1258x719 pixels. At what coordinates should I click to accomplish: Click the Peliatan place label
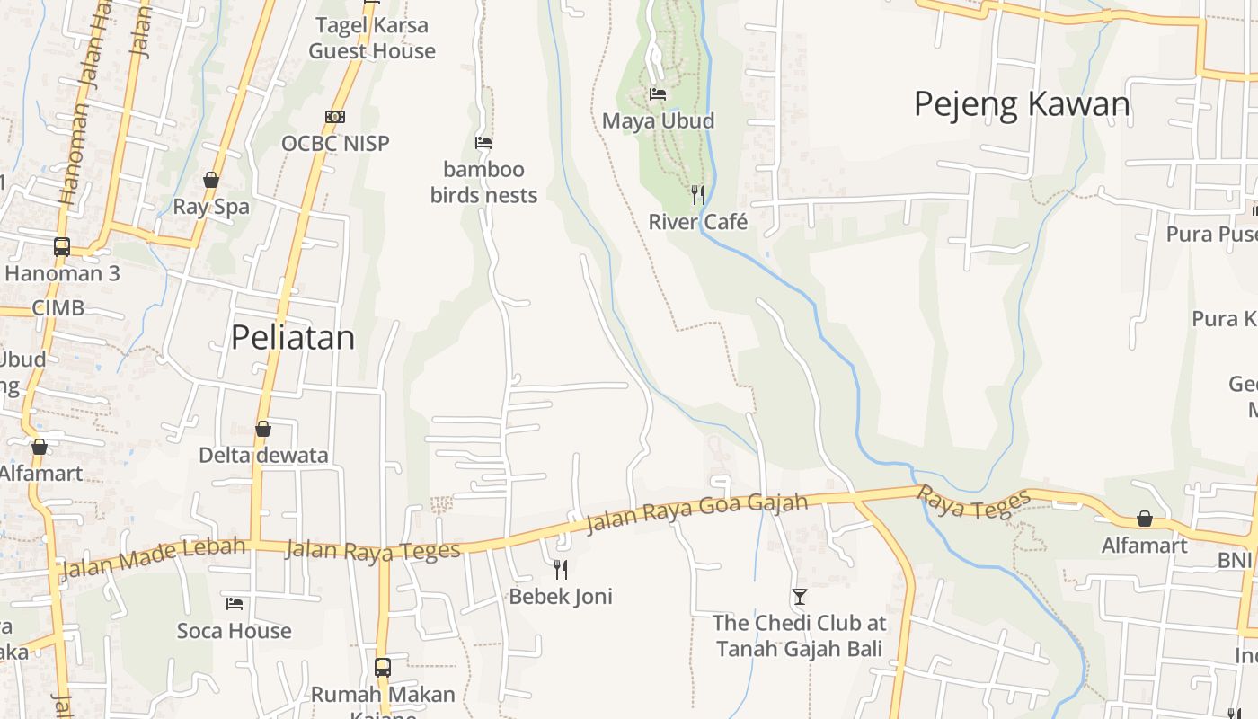point(293,338)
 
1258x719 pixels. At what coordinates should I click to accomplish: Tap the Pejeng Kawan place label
point(1022,104)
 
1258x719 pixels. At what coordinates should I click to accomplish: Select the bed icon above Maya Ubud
point(658,93)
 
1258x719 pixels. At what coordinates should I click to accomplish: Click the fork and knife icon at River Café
point(697,194)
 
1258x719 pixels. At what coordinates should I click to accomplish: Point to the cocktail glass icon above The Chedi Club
point(799,596)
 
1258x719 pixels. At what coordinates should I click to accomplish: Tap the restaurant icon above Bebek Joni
point(561,569)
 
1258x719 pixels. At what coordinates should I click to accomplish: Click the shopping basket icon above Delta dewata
point(263,429)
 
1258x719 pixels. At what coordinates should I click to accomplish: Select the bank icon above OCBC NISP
point(335,117)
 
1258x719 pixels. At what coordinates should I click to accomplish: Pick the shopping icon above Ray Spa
point(211,180)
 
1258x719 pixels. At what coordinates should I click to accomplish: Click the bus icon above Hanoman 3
point(62,246)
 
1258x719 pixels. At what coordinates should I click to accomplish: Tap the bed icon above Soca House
point(235,604)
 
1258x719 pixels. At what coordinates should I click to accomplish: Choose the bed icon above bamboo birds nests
point(483,143)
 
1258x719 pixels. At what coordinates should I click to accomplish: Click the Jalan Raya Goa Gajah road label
point(697,513)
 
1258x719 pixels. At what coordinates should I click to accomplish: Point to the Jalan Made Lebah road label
point(152,557)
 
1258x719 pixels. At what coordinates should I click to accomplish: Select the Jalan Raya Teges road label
point(373,550)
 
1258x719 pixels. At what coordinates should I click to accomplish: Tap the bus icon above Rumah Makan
point(383,668)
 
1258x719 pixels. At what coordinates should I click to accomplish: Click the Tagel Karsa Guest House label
point(372,38)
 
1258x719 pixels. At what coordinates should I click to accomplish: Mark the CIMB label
point(58,308)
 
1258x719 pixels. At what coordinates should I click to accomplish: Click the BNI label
point(1235,560)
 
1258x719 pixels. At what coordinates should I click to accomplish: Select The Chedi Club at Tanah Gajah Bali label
point(799,635)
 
